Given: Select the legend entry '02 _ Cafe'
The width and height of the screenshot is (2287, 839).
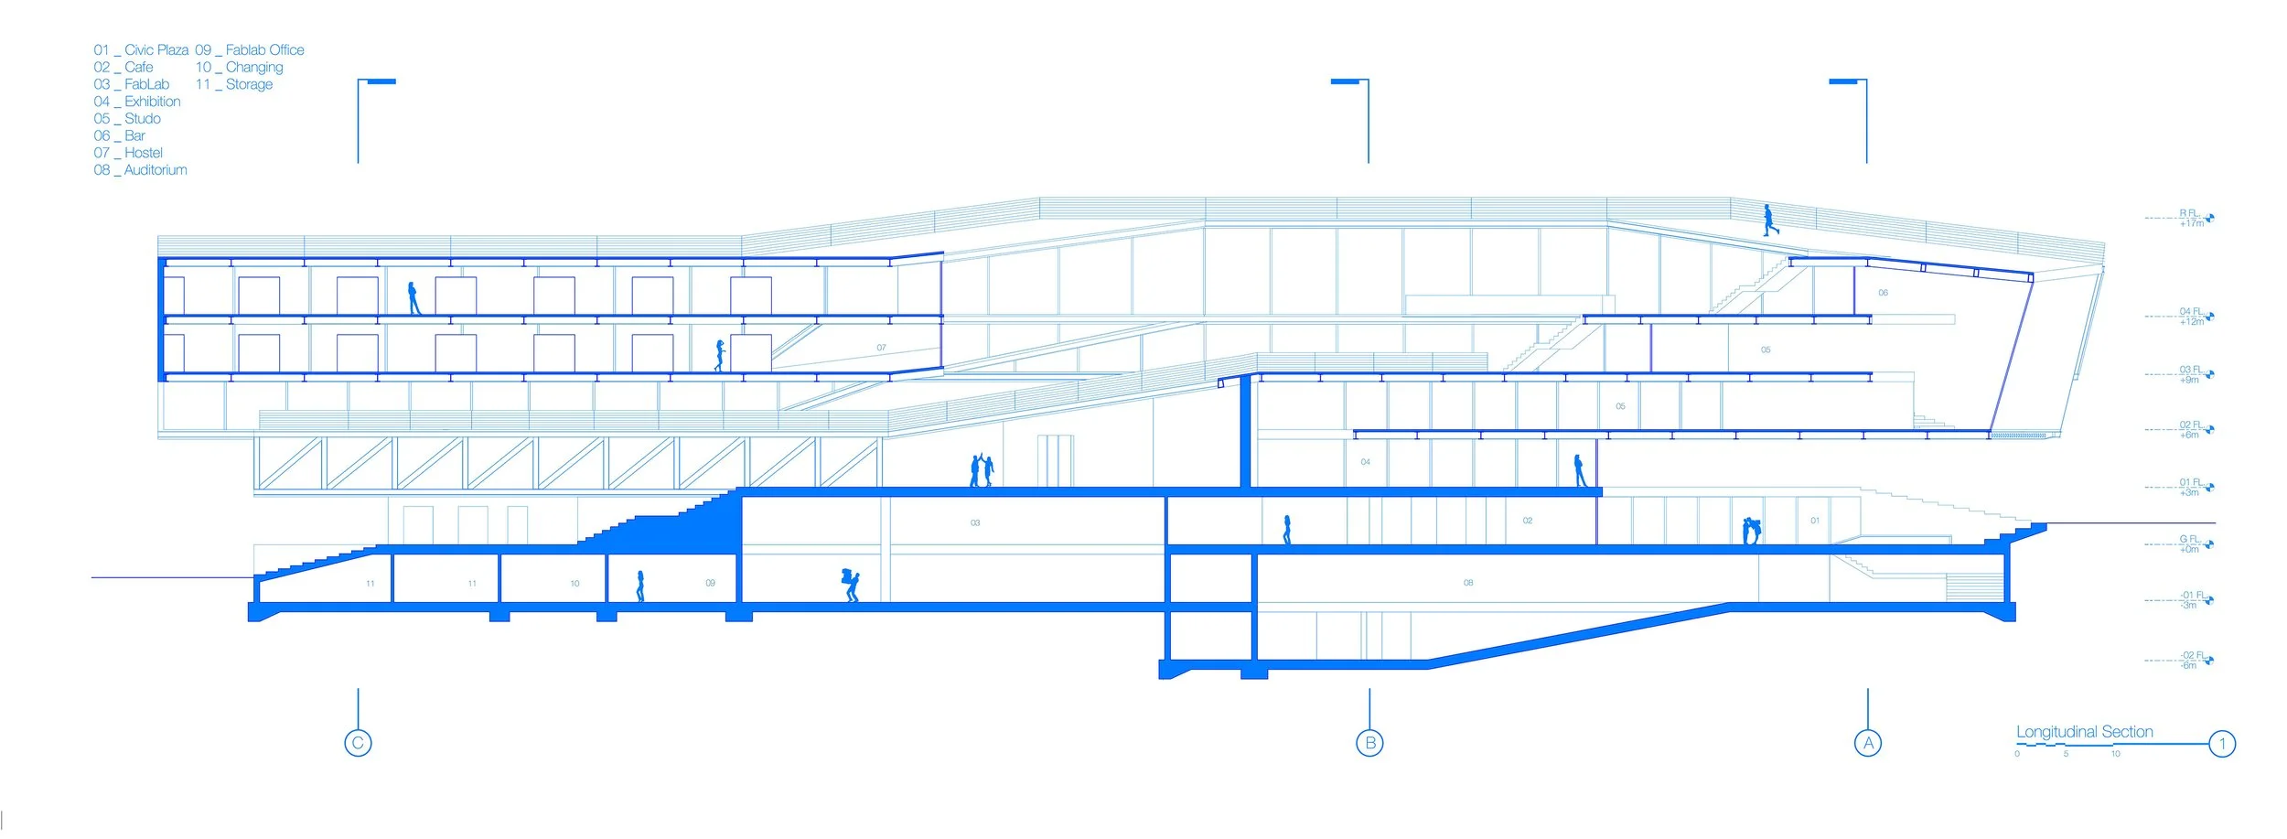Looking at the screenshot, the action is (123, 67).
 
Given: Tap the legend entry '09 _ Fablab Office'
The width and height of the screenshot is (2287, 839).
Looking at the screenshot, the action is (250, 50).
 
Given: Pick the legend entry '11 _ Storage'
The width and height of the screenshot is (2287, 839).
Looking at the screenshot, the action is (234, 84).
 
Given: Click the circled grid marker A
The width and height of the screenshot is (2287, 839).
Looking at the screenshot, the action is (1868, 743).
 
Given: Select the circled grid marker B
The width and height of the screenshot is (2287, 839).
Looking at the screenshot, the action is (1369, 743).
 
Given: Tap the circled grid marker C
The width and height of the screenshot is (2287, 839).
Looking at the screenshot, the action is (358, 743).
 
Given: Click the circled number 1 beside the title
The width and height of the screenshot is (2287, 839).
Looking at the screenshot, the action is (2222, 744).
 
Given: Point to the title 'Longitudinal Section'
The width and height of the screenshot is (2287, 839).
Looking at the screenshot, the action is (2084, 732).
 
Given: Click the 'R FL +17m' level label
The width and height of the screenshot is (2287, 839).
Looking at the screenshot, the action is (2191, 218).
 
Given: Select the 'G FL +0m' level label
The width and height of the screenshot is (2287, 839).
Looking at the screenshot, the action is (2190, 544).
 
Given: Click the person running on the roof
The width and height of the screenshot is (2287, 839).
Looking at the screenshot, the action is (1770, 221).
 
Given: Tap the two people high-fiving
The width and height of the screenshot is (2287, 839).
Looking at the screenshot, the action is (982, 469).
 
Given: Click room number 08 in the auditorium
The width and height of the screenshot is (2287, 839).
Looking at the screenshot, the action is (1468, 583).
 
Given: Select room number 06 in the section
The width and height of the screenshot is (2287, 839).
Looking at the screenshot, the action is (1883, 293).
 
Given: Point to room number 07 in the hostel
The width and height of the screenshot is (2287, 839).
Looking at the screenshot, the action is (881, 348).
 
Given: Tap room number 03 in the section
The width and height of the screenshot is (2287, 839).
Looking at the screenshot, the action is (975, 523).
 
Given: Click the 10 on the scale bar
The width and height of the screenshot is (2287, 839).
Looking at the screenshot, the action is (2115, 754).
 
